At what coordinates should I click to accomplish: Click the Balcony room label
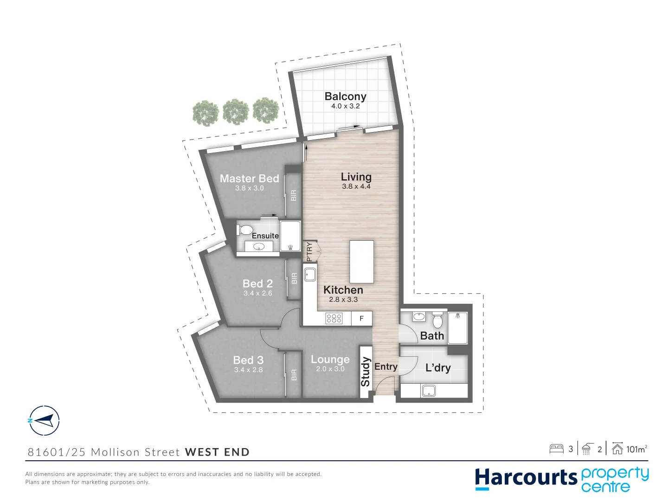(345, 96)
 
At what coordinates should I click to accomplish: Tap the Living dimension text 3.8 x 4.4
(356, 186)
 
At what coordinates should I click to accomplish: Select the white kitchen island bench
(361, 262)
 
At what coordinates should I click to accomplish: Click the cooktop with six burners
(334, 318)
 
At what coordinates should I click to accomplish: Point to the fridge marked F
(361, 319)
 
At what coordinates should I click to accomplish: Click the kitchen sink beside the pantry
(310, 274)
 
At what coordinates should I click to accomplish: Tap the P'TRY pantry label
(309, 252)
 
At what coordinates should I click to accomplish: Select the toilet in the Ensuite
(245, 230)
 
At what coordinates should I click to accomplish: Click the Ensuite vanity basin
(259, 247)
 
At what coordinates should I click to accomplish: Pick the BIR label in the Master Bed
(293, 195)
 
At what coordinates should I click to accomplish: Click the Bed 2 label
(257, 283)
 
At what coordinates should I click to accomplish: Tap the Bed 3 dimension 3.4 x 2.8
(248, 370)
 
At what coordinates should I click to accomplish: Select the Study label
(366, 372)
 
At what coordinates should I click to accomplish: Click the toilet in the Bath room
(437, 321)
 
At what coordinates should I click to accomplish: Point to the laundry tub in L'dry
(428, 391)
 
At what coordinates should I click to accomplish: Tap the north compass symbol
(44, 421)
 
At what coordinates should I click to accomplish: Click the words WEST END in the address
(217, 452)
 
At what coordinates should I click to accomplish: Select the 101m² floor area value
(636, 449)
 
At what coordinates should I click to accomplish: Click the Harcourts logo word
(526, 478)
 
